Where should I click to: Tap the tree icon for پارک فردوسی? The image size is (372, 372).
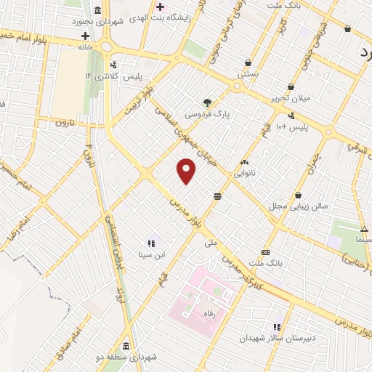pyautogui.click(x=208, y=102)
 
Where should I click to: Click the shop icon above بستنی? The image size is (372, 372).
pyautogui.click(x=250, y=62)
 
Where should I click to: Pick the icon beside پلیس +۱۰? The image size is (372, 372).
pyautogui.click(x=292, y=115)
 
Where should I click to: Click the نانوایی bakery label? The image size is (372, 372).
pyautogui.click(x=243, y=174)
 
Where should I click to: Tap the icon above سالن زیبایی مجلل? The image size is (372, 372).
pyautogui.click(x=299, y=194)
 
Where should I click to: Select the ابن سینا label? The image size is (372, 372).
pyautogui.click(x=152, y=254)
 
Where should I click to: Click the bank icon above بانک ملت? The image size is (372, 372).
pyautogui.click(x=264, y=251)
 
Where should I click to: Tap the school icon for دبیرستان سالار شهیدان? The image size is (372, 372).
pyautogui.click(x=276, y=327)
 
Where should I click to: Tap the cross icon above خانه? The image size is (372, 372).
pyautogui.click(x=85, y=36)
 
